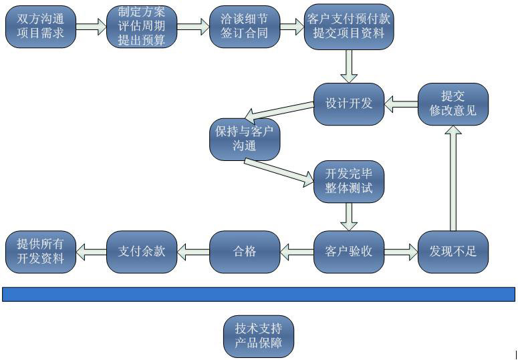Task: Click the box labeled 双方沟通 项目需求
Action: pyautogui.click(x=40, y=27)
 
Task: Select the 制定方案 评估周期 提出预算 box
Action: pyautogui.click(x=142, y=27)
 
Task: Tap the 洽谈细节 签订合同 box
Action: pyautogui.click(x=244, y=27)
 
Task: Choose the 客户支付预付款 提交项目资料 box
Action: pyautogui.click(x=348, y=27)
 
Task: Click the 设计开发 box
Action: pyautogui.click(x=348, y=104)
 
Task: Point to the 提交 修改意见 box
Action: pyautogui.click(x=452, y=104)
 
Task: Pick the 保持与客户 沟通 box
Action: pyautogui.click(x=244, y=139)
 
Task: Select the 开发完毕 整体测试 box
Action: pyautogui.click(x=348, y=181)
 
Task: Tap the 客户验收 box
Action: pyautogui.click(x=348, y=251)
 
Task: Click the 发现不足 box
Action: pyautogui.click(x=452, y=251)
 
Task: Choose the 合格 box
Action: pyautogui.click(x=244, y=251)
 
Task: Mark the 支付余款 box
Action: pyautogui.click(x=142, y=251)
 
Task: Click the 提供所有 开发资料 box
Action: pyautogui.click(x=40, y=251)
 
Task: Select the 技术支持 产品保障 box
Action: pyautogui.click(x=258, y=336)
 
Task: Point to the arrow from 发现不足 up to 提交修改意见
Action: pyautogui.click(x=452, y=177)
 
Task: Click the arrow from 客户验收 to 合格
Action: pyautogui.click(x=296, y=252)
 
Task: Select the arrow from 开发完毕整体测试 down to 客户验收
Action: pyautogui.click(x=348, y=216)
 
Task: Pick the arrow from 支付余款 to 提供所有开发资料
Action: pyautogui.click(x=91, y=252)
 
